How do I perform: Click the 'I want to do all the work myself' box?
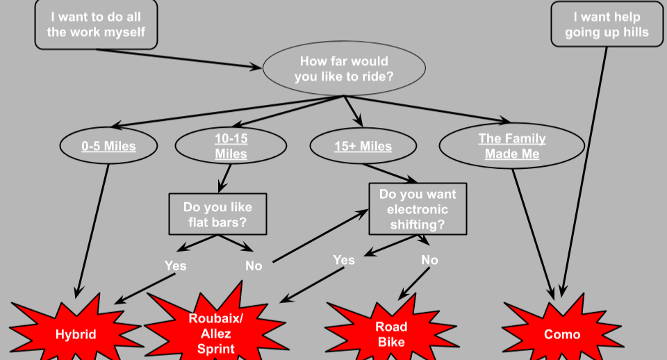click(x=97, y=24)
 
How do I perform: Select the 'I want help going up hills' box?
click(x=607, y=24)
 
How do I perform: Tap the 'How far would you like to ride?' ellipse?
click(x=344, y=69)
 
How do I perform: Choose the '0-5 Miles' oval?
click(x=108, y=146)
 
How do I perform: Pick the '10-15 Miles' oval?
click(x=231, y=146)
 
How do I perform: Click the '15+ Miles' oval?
click(x=363, y=146)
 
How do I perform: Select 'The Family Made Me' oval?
click(x=511, y=146)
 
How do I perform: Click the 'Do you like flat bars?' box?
click(x=217, y=215)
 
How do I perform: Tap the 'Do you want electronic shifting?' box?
click(x=417, y=208)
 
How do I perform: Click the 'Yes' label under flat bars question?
click(x=175, y=265)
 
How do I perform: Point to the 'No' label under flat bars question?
click(x=254, y=265)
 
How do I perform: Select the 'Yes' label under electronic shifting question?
click(x=344, y=260)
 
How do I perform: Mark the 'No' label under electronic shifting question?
click(x=430, y=260)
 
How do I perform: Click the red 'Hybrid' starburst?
click(x=76, y=334)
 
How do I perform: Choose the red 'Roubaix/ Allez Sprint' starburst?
click(x=216, y=333)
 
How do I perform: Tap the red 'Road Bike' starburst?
click(x=391, y=333)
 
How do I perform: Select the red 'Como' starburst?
click(x=561, y=334)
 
